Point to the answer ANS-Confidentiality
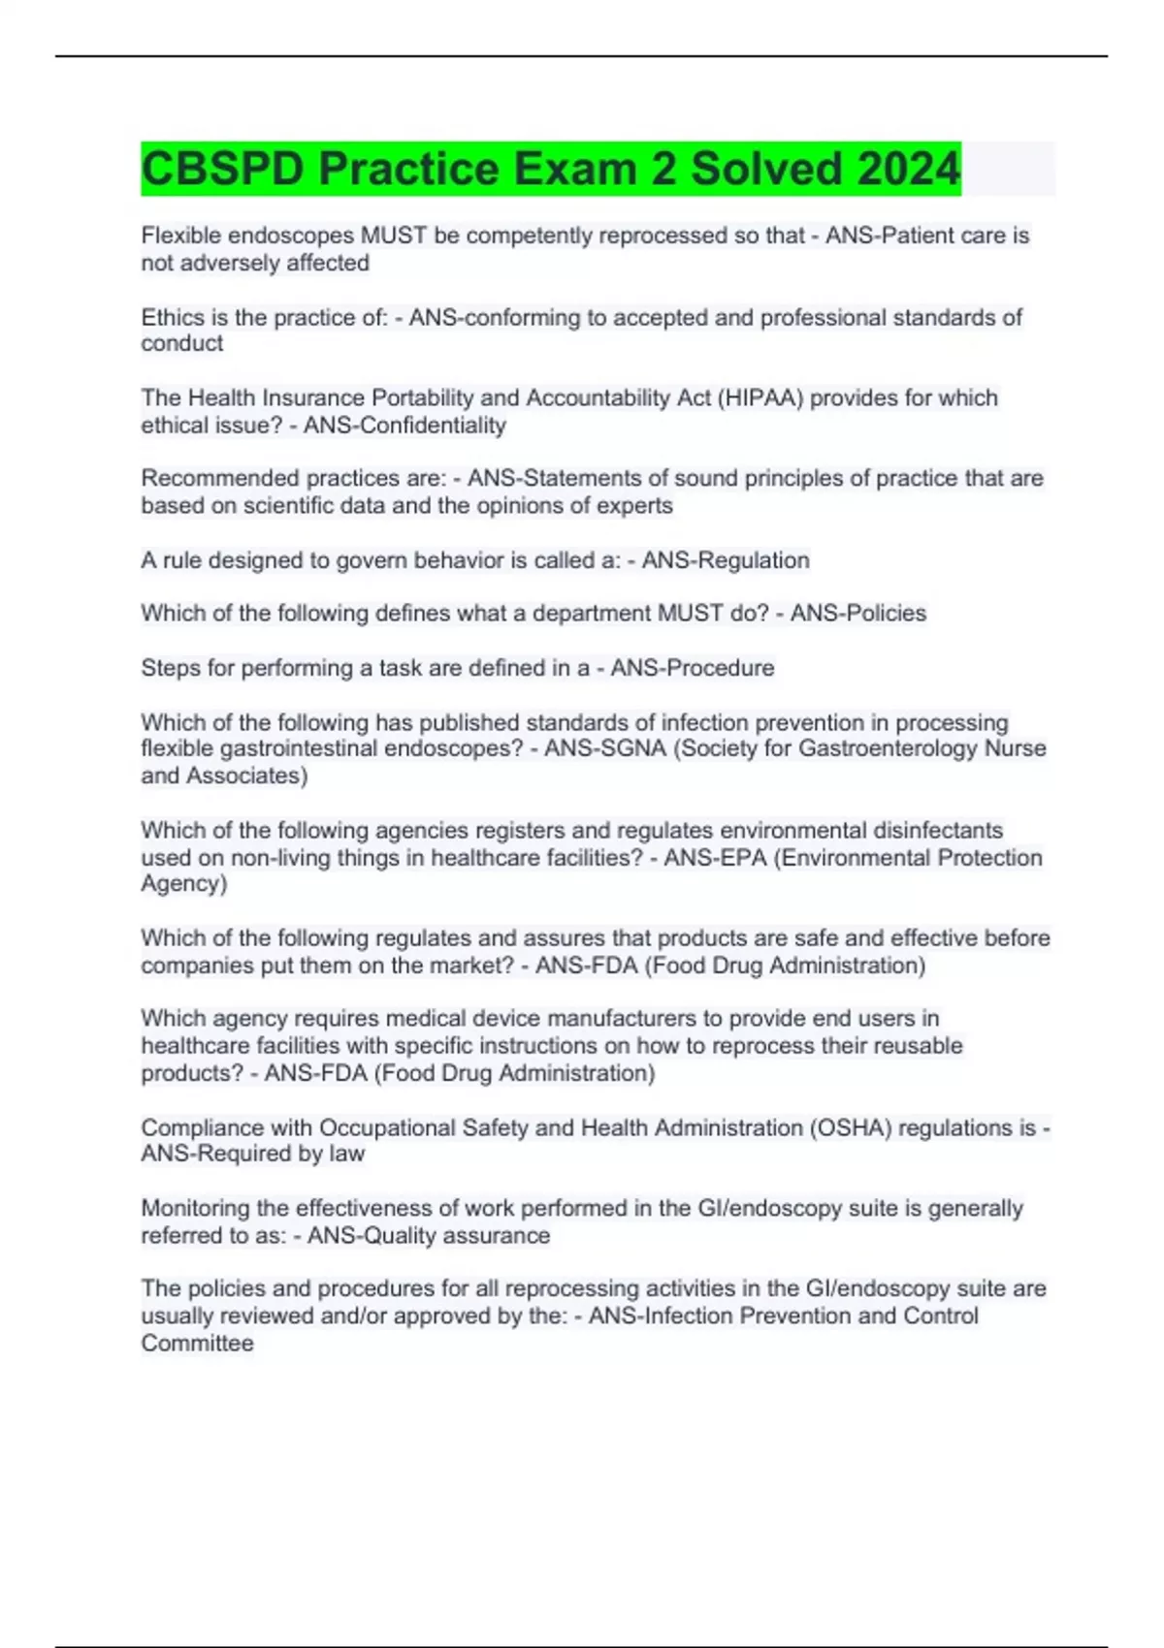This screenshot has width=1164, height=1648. (x=404, y=425)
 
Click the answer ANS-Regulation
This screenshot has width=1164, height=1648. (x=726, y=560)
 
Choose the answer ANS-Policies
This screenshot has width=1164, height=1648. (x=858, y=613)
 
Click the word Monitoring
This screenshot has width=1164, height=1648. (x=195, y=1208)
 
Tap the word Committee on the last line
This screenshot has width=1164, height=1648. (x=197, y=1344)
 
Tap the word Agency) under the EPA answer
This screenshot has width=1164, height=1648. (x=183, y=883)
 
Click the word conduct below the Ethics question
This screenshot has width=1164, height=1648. (x=181, y=343)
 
